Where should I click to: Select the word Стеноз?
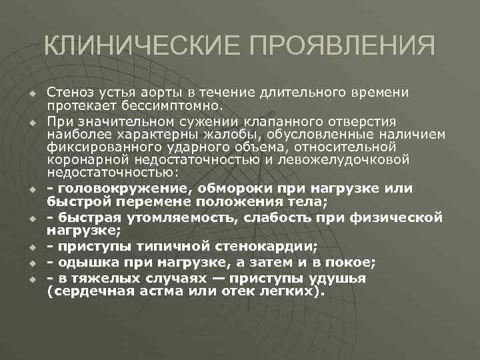[69, 91]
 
